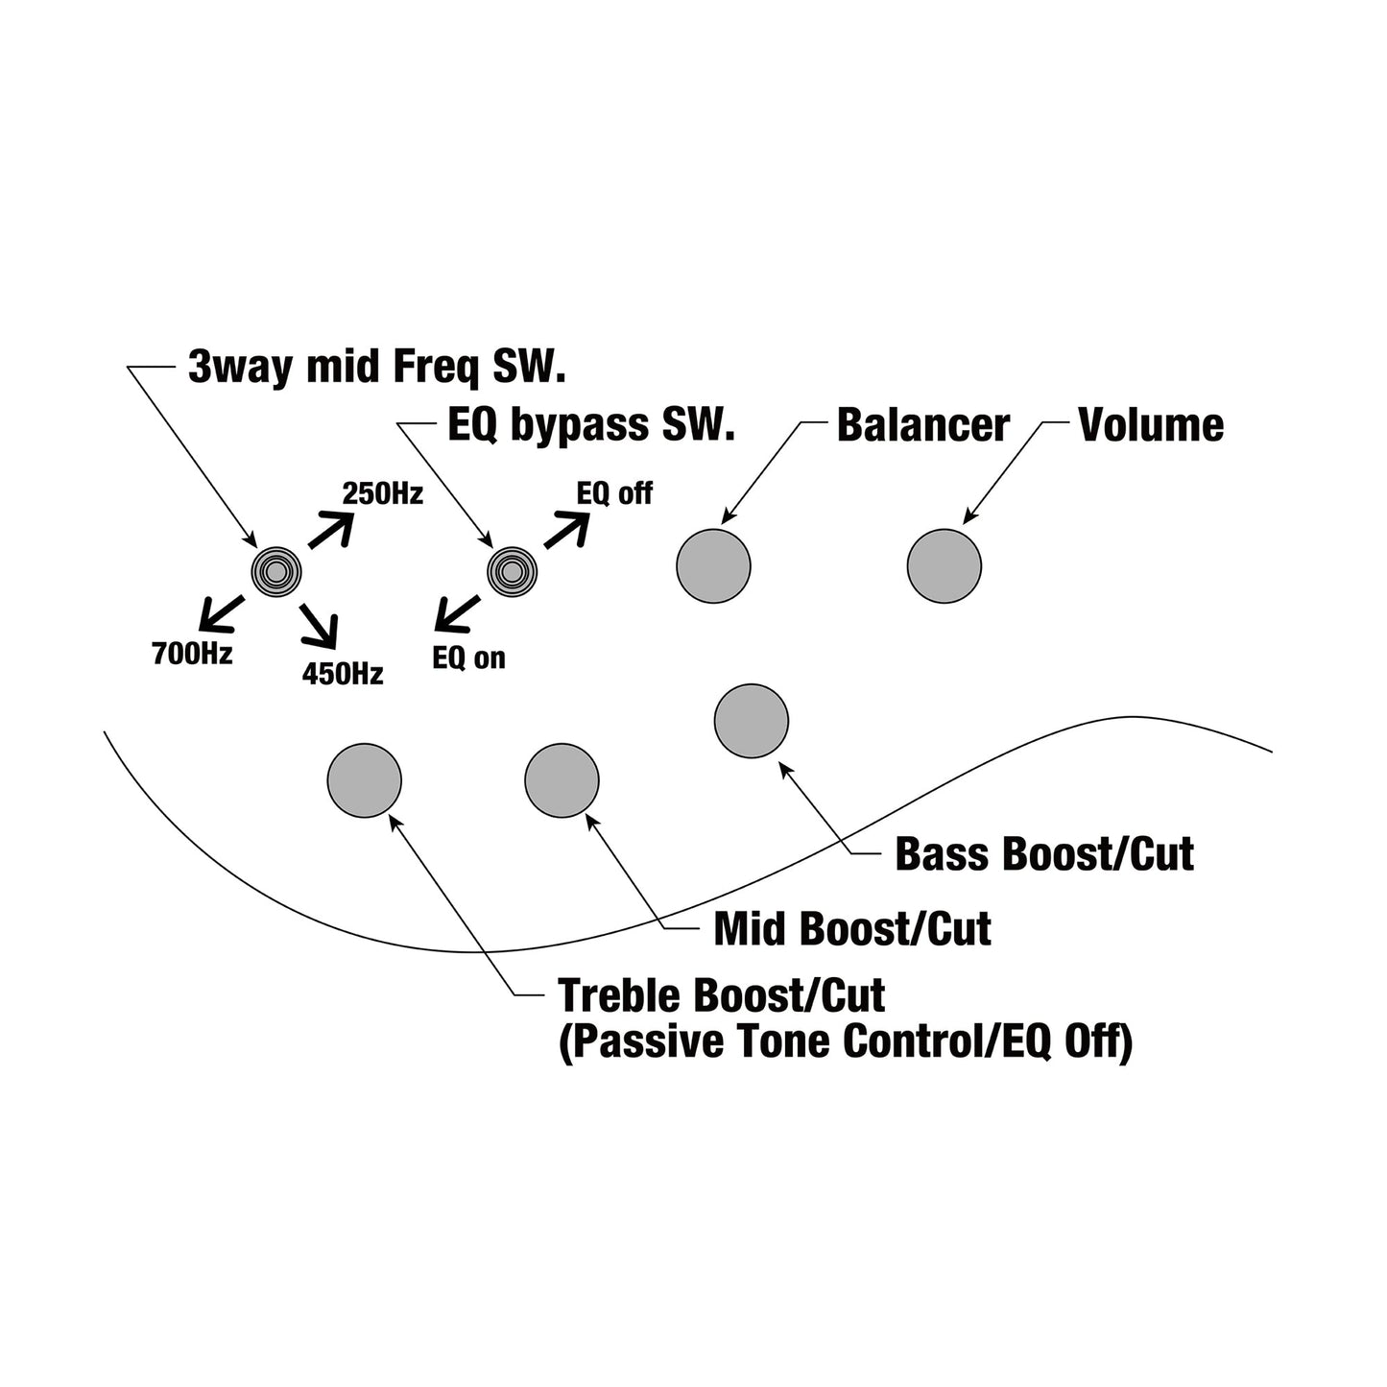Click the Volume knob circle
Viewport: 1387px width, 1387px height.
[944, 565]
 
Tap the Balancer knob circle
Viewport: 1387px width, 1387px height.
[713, 565]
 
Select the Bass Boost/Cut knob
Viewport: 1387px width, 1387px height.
[752, 721]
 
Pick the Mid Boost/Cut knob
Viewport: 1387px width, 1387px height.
[562, 780]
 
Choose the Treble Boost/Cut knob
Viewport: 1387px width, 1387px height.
[364, 780]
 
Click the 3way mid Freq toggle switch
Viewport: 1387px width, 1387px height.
[276, 572]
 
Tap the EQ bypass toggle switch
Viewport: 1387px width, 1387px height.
[512, 572]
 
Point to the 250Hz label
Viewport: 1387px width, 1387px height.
[383, 493]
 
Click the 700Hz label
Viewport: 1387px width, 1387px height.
[192, 654]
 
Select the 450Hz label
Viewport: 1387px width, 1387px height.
[343, 675]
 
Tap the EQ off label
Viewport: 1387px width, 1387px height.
[614, 493]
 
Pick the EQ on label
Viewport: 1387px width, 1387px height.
[468, 658]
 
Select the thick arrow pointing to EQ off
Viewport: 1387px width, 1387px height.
[567, 529]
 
